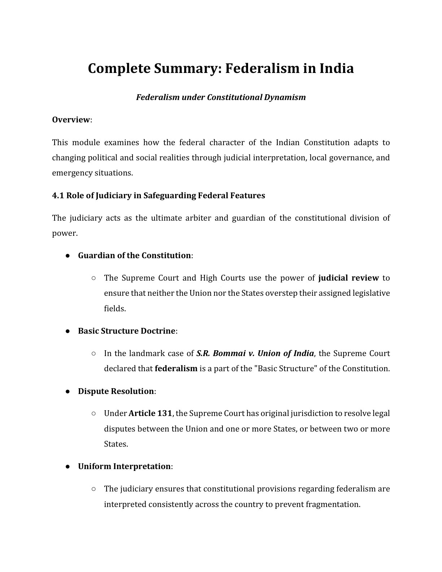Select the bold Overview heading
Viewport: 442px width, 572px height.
[x=71, y=120]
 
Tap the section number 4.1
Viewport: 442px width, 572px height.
[x=58, y=196]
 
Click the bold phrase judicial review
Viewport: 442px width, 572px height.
[x=348, y=278]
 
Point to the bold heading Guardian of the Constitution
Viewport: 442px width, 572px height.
[x=134, y=256]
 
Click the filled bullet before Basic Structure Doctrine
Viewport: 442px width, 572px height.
[x=68, y=331]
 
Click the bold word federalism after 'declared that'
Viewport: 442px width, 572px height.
[x=176, y=369]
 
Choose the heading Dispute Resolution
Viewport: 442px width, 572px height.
[x=116, y=391]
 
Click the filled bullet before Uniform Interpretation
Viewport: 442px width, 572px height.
[x=68, y=467]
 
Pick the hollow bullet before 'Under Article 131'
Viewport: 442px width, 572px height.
[x=94, y=413]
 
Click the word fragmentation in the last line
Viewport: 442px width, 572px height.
[x=333, y=504]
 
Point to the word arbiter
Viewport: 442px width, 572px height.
[x=198, y=218]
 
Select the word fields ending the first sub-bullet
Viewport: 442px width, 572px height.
[x=114, y=309]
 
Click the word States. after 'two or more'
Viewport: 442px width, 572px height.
[x=116, y=444]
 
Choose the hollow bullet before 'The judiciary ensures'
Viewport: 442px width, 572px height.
[x=94, y=489]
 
